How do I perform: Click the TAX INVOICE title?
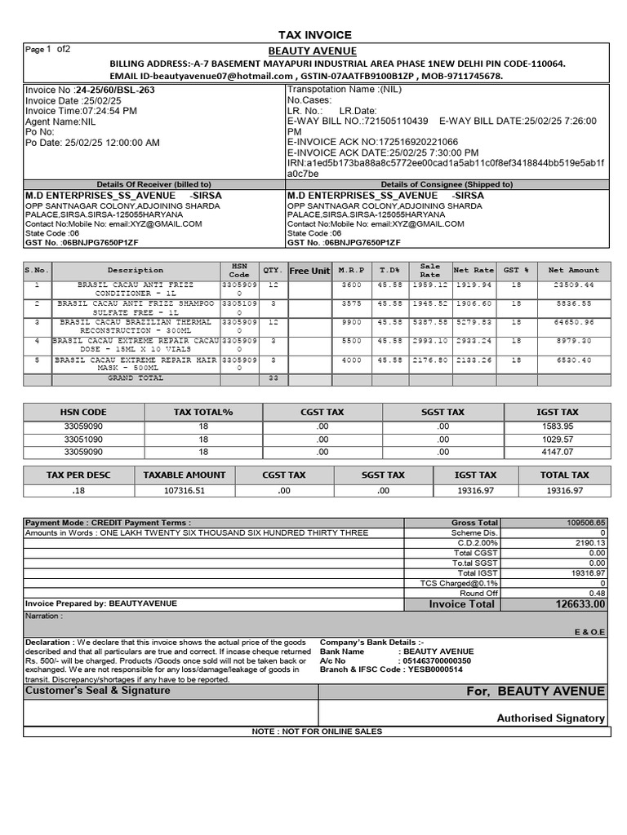click(x=315, y=35)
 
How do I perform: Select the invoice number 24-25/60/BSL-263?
click(x=114, y=90)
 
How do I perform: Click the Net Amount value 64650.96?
click(x=571, y=323)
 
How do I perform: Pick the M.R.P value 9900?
click(x=351, y=323)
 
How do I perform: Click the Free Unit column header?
click(x=309, y=271)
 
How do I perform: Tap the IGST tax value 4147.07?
click(x=558, y=451)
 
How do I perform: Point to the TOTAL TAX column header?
click(x=564, y=475)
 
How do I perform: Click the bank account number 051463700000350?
click(x=437, y=660)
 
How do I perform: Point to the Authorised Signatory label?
click(x=550, y=718)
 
